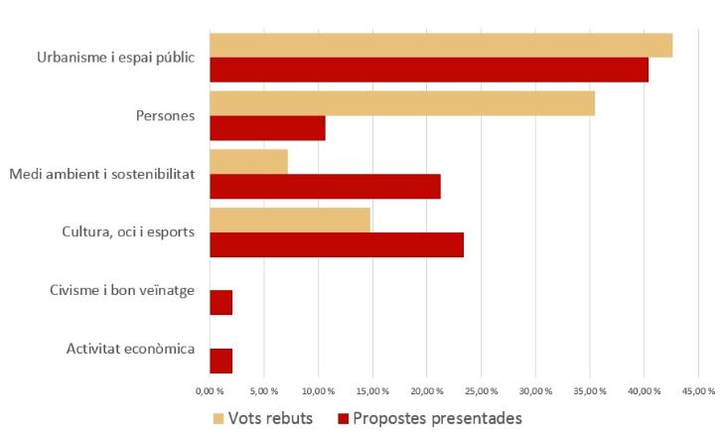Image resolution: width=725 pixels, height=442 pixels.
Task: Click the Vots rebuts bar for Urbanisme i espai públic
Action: pos(441,46)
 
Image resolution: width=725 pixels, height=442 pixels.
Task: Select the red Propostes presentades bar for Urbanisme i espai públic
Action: pos(429,70)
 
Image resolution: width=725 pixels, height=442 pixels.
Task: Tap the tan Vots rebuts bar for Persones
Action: pos(402,103)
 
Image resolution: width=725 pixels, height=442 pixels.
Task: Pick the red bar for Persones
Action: pos(267,128)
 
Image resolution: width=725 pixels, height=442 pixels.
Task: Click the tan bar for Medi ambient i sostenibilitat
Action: pos(248,162)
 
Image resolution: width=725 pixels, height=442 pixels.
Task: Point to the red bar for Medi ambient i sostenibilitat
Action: pos(325,186)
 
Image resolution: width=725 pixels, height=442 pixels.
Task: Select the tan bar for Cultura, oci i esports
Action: pos(290,220)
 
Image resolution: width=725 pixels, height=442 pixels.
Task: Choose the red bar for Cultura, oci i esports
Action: pos(337,244)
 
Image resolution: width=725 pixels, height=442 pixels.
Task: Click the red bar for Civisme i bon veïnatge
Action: pos(220,302)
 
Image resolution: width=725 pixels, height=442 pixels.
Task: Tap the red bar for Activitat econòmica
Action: pos(220,361)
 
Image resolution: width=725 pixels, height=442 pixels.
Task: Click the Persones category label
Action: pos(165,116)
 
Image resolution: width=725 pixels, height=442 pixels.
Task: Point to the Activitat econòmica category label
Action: pos(130,349)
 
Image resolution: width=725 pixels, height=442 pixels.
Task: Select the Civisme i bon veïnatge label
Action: pos(121,290)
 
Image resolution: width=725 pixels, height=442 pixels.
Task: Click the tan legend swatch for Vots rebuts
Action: pos(218,418)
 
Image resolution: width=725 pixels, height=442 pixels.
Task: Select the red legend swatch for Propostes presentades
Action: pos(344,418)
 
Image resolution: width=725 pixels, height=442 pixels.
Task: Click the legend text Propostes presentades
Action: pos(437,418)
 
